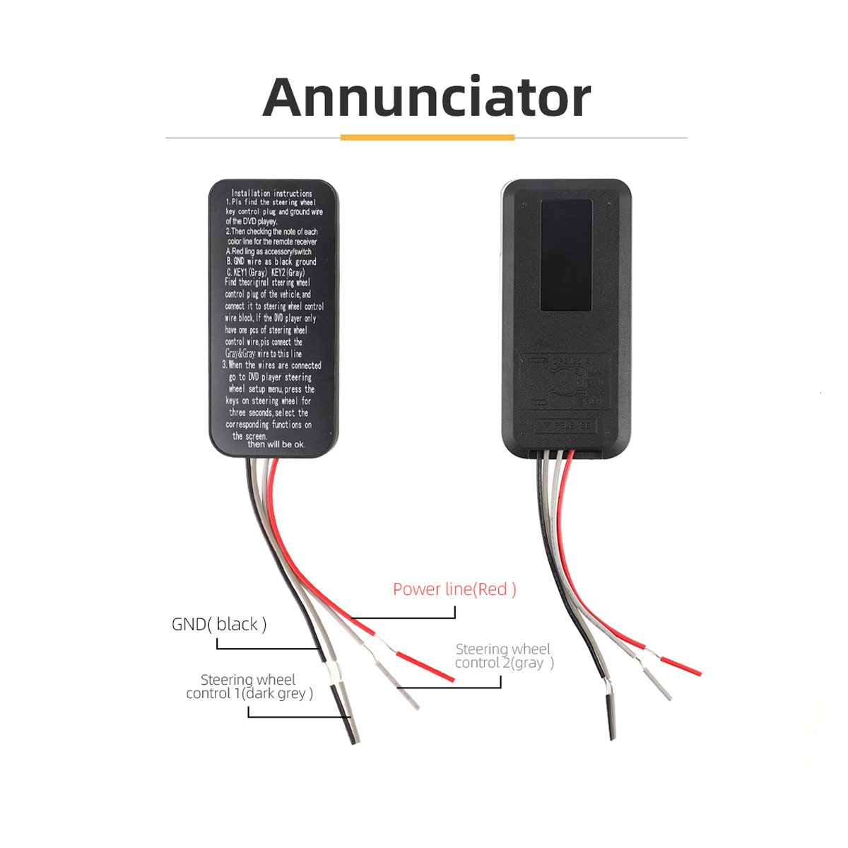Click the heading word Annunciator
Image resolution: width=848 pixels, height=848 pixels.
(426, 98)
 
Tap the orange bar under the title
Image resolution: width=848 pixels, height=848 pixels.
(427, 137)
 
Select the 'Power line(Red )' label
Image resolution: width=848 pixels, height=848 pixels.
(454, 589)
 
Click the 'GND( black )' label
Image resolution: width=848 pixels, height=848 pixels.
(219, 625)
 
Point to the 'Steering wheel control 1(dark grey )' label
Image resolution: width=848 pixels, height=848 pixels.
(249, 687)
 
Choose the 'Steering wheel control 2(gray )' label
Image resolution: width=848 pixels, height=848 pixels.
(503, 656)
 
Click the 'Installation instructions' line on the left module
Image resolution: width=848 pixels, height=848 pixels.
(271, 193)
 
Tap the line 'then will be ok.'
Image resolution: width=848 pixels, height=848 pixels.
(276, 444)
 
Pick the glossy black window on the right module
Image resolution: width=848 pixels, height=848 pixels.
(566, 254)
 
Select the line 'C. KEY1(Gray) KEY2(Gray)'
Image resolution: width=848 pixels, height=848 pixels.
(266, 272)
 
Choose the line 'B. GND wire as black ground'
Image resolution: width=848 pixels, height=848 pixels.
(271, 261)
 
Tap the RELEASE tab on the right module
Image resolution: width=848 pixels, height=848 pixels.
(566, 425)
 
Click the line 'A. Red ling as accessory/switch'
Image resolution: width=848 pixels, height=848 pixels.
(269, 252)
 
